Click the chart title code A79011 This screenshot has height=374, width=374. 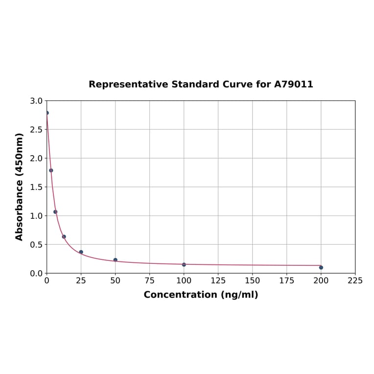293,84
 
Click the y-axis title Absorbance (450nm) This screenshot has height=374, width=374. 20,187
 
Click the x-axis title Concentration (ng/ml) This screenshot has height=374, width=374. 201,295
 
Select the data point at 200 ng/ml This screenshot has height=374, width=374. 321,267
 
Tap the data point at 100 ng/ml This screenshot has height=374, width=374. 184,264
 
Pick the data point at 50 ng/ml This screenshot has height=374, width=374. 116,260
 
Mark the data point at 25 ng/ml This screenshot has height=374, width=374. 81,252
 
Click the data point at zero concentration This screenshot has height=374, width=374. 47,113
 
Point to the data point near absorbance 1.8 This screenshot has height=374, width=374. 51,170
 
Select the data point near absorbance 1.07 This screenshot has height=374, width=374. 55,212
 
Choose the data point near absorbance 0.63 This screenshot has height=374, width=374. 64,236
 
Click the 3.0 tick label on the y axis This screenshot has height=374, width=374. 36,101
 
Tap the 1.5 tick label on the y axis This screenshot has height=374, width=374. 36,187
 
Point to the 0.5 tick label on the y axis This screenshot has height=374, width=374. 36,244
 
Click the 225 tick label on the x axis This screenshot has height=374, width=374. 355,280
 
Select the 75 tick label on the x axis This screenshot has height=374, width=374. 150,280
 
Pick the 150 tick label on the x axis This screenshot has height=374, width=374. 253,280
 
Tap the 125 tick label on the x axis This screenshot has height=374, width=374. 218,280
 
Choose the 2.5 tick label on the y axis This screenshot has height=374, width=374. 36,130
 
